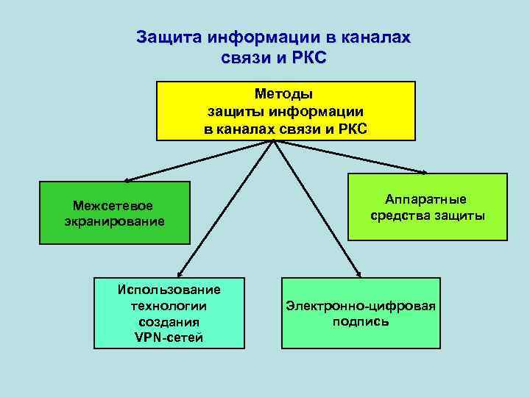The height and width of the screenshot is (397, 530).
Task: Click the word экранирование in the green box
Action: (110, 220)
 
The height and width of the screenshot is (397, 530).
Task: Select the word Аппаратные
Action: (425, 200)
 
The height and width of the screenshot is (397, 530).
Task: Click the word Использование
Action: (169, 289)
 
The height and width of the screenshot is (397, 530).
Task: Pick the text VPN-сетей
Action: (169, 337)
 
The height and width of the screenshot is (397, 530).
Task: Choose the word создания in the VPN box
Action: (169, 322)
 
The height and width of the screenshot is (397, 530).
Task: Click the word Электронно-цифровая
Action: (361, 306)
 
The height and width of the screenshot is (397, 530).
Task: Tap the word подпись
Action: (361, 322)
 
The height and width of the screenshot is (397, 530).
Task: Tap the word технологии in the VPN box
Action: (169, 305)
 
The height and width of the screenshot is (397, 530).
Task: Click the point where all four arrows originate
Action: (274, 141)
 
